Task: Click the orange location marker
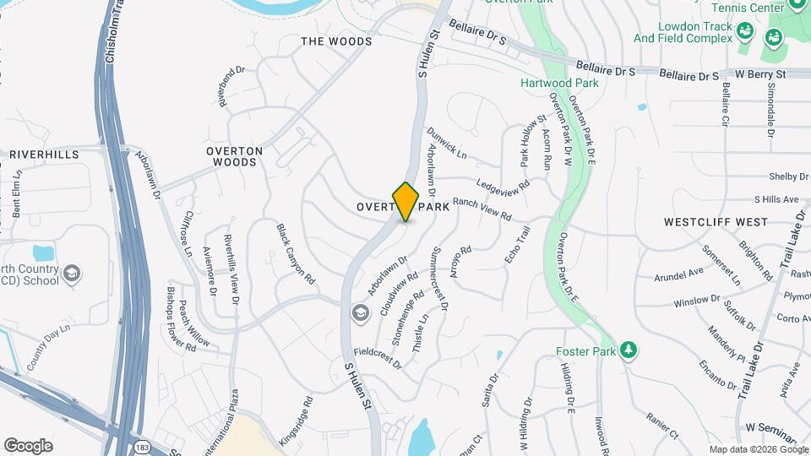(x=405, y=201)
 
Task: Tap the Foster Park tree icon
(x=627, y=350)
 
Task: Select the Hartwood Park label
(x=559, y=83)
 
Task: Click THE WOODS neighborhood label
(x=336, y=41)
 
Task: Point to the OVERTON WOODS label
(x=234, y=156)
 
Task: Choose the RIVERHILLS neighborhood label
(x=44, y=155)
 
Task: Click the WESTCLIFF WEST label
(x=716, y=222)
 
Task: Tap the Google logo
(x=28, y=445)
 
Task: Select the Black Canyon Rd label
(x=296, y=253)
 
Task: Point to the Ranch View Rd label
(x=482, y=209)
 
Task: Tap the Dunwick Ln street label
(x=446, y=143)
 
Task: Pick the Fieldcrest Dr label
(x=377, y=357)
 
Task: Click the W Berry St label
(x=760, y=74)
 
